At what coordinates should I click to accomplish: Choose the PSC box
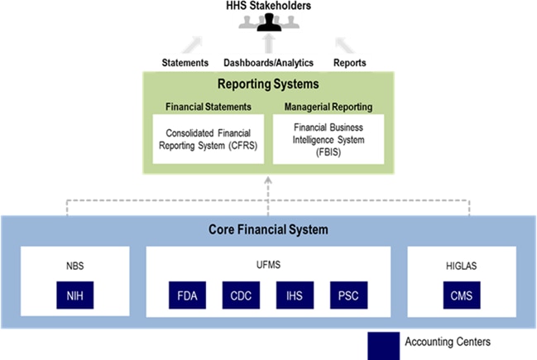coord(346,295)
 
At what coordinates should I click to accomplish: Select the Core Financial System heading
coord(267,228)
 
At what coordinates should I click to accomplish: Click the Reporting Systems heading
coord(267,84)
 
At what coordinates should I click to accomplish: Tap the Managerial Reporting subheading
coord(328,106)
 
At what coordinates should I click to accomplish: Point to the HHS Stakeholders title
coord(269,7)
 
